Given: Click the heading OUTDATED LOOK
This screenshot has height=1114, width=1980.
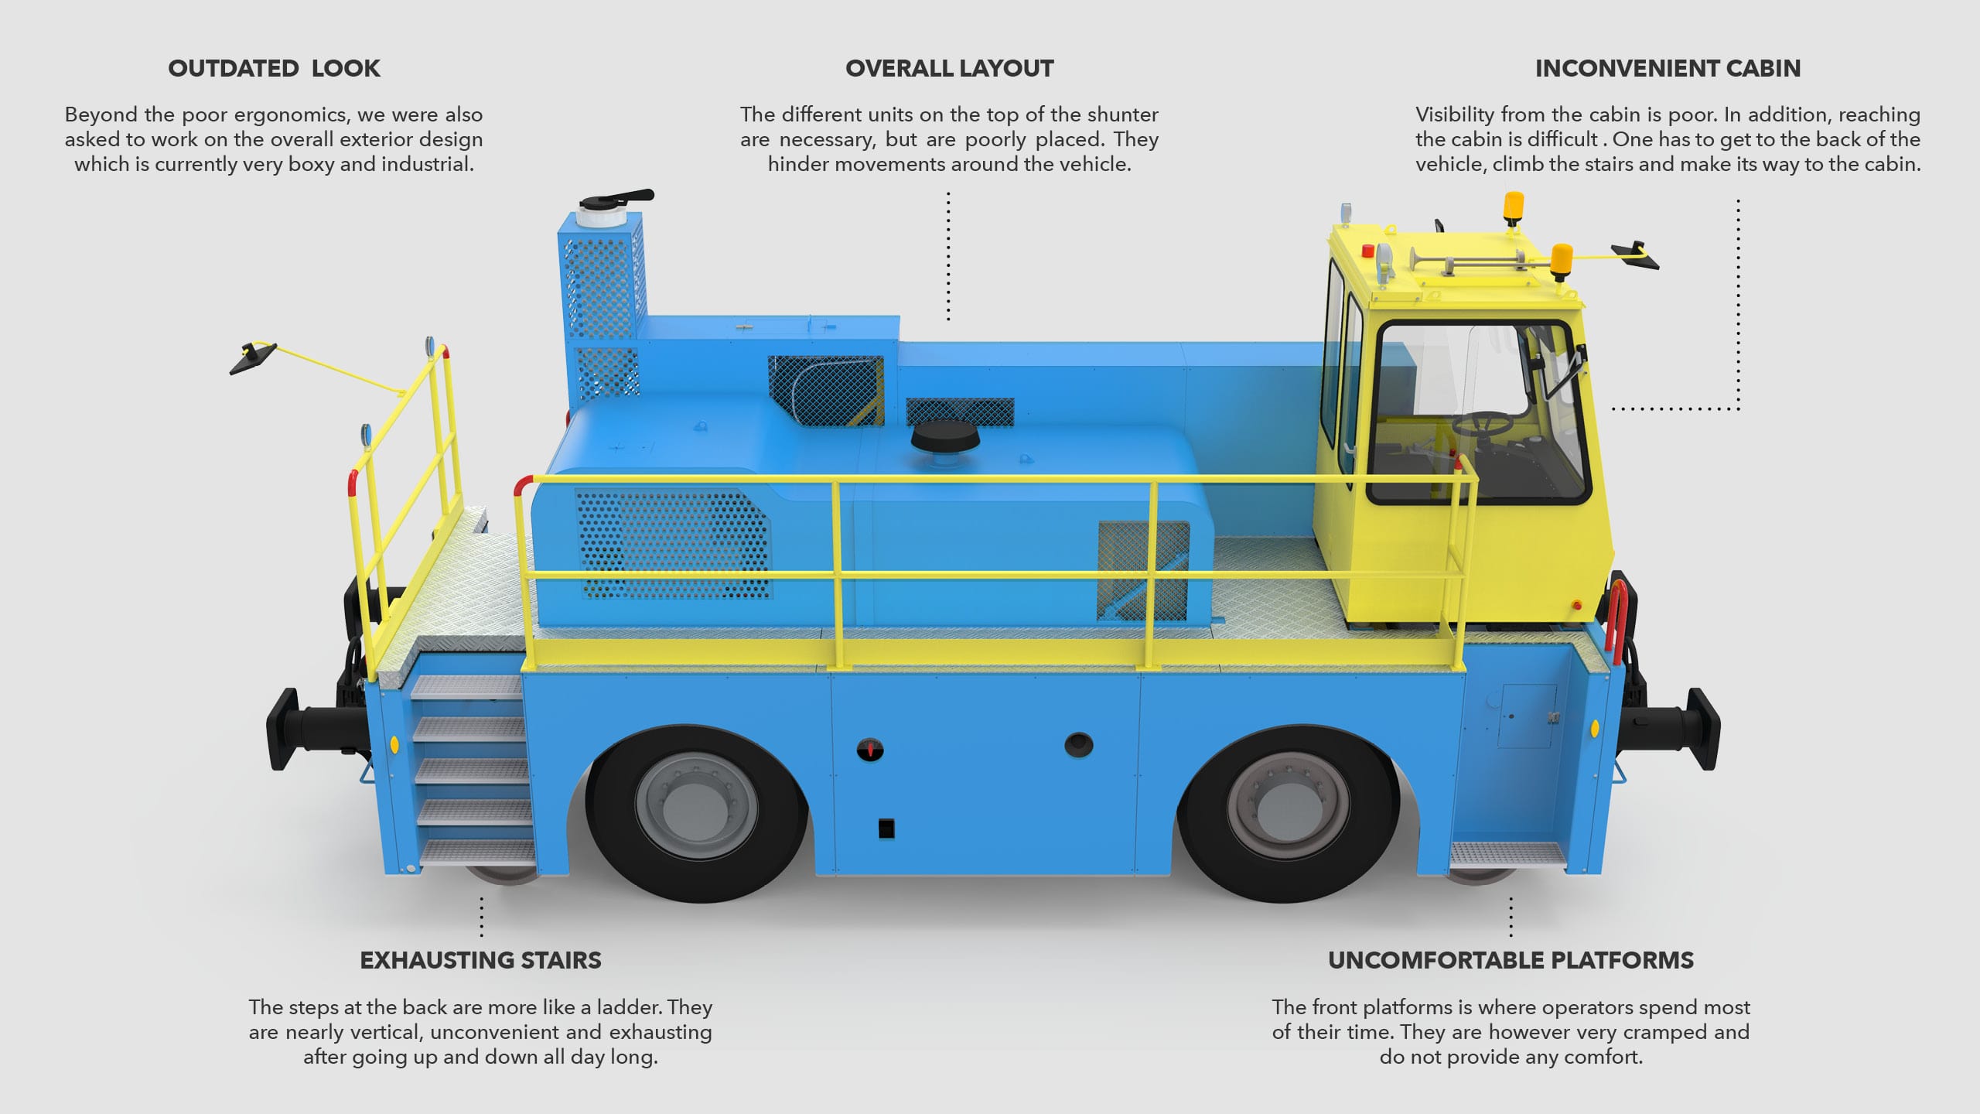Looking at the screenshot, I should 274,69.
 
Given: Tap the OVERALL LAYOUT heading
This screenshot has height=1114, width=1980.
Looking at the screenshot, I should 949,69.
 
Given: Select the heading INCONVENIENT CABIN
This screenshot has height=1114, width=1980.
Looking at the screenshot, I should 1668,69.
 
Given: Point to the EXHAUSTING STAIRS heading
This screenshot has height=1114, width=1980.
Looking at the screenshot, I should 480,960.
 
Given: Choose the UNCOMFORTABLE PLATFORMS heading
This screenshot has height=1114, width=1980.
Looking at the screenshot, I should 1511,960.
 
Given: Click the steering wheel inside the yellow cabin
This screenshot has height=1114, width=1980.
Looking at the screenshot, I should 1482,422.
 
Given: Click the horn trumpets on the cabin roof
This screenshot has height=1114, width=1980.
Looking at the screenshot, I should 1462,261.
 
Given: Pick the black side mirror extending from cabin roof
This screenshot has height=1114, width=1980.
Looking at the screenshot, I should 1635,256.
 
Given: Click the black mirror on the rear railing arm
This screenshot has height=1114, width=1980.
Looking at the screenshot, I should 252,357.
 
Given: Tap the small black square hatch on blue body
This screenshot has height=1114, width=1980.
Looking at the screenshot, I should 886,829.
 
